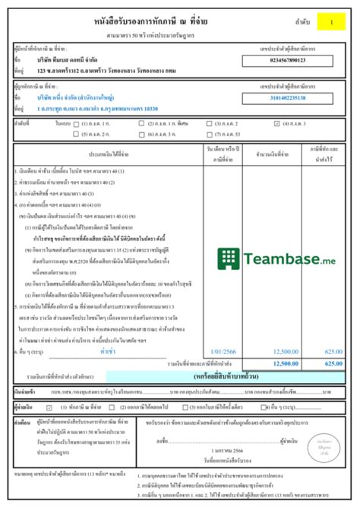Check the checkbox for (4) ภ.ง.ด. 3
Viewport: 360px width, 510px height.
click(x=287, y=122)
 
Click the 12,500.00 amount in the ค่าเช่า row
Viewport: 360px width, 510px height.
click(x=284, y=352)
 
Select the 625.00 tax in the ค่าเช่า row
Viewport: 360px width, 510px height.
click(x=333, y=352)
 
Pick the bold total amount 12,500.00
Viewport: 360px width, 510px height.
click(x=284, y=364)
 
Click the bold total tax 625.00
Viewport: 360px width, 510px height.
click(x=333, y=364)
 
